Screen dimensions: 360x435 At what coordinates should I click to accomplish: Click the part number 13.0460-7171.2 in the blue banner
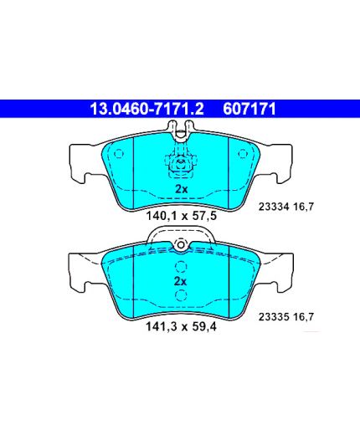[147, 109]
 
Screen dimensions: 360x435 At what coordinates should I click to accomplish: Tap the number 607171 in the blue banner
[249, 109]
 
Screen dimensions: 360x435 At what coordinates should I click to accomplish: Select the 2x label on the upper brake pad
[182, 189]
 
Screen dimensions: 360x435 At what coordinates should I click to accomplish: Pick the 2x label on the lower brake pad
[180, 281]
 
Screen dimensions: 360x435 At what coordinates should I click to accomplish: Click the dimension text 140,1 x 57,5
[182, 216]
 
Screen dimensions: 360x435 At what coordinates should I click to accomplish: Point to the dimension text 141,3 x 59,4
[181, 326]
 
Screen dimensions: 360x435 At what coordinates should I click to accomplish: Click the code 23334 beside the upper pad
[274, 207]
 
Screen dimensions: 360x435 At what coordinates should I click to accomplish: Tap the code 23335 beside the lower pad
[274, 317]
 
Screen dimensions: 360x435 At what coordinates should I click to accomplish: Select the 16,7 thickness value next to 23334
[304, 207]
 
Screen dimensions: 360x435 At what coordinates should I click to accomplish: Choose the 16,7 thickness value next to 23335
[304, 317]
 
